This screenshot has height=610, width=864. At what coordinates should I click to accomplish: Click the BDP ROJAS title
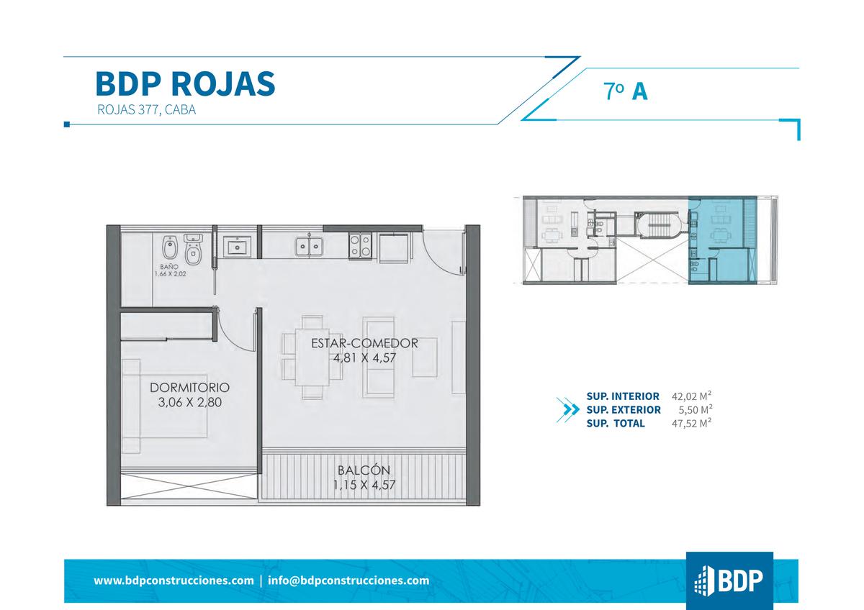pyautogui.click(x=185, y=83)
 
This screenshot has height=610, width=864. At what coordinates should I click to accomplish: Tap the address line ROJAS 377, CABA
pyautogui.click(x=147, y=110)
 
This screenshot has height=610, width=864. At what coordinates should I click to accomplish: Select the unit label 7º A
pyautogui.click(x=626, y=91)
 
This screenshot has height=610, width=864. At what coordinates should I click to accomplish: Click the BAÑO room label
pyautogui.click(x=169, y=267)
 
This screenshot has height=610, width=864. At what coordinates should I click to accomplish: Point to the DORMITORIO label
pyautogui.click(x=190, y=387)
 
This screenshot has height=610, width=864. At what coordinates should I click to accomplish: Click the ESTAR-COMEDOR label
pyautogui.click(x=364, y=343)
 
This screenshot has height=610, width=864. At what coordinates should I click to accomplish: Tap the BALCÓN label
pyautogui.click(x=364, y=470)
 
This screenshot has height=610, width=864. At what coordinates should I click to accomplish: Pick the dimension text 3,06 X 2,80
pyautogui.click(x=190, y=402)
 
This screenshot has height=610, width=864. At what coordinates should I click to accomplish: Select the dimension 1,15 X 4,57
pyautogui.click(x=364, y=485)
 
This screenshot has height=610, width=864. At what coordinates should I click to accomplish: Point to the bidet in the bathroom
pyautogui.click(x=169, y=247)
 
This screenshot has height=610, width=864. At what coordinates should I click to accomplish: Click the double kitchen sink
pyautogui.click(x=309, y=247)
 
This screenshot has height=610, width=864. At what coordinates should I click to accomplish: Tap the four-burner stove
pyautogui.click(x=360, y=245)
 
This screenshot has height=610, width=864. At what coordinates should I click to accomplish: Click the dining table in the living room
pyautogui.click(x=312, y=357)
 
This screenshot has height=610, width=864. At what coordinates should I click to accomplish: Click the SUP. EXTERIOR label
pyautogui.click(x=624, y=409)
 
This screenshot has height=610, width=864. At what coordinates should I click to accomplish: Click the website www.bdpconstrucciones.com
pyautogui.click(x=174, y=581)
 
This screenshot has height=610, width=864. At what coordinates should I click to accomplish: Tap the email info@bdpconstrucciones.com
pyautogui.click(x=348, y=581)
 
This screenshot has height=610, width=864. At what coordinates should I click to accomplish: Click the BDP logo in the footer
pyautogui.click(x=729, y=581)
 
